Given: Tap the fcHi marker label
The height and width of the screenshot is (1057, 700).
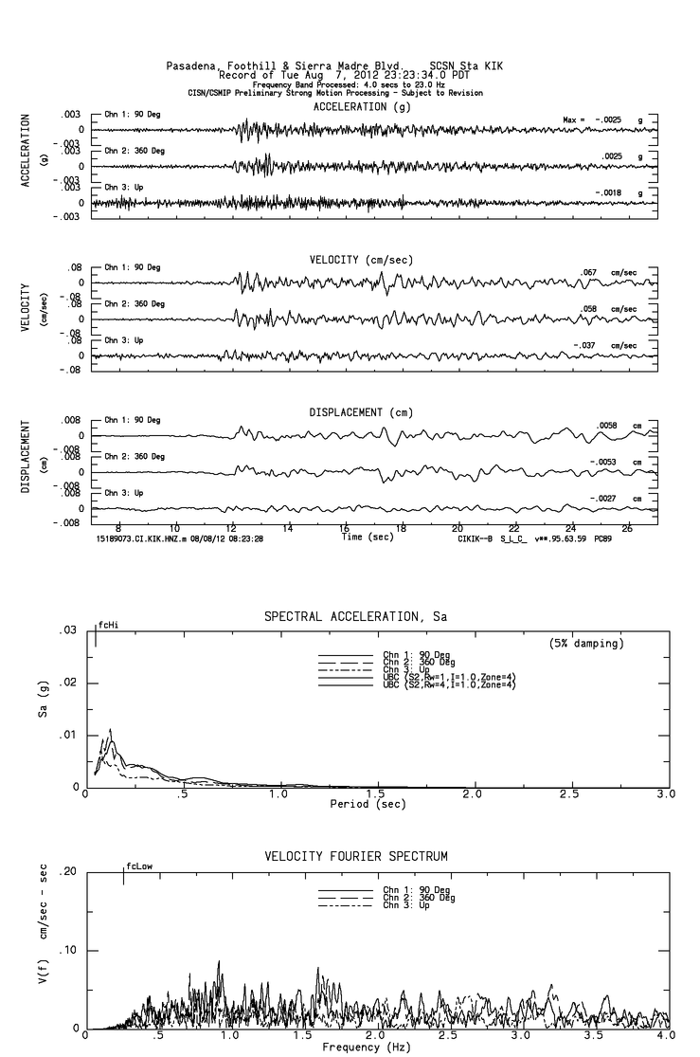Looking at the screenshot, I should pos(108,626).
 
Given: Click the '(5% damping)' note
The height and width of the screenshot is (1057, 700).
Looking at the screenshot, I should pos(584,644).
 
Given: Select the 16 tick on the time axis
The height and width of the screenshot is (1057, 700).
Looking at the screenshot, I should pos(345,527).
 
